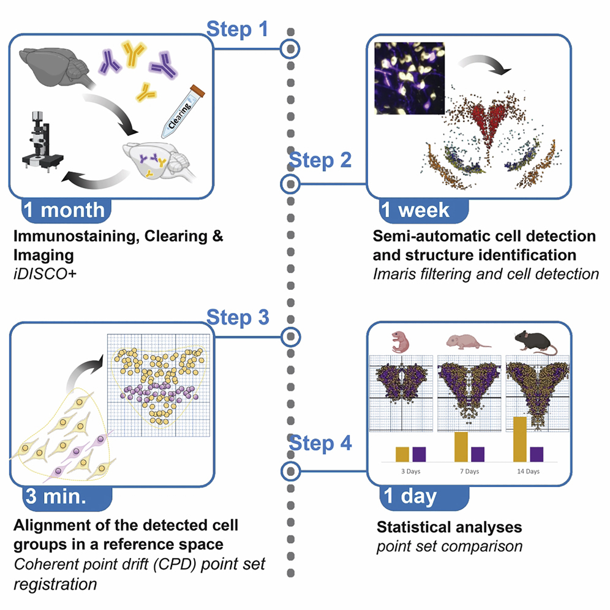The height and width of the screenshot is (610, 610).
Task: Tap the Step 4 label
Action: coord(320,443)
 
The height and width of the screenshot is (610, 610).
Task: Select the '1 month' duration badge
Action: coord(63,210)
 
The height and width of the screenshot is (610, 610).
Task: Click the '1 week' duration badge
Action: coord(415,210)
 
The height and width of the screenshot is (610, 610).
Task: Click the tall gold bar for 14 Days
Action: coord(520,439)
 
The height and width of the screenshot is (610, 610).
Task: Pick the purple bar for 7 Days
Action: coord(478,454)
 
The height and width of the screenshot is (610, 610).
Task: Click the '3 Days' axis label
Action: coord(410,472)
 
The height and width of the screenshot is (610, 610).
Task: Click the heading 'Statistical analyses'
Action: coord(449,527)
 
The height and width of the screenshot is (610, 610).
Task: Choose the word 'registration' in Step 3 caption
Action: coord(55,584)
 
